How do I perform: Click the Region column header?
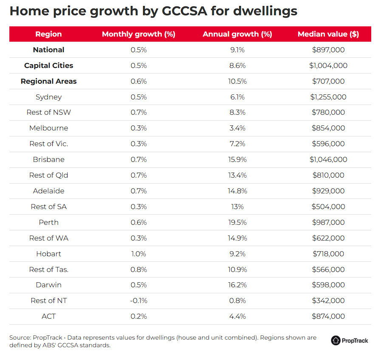(x=48, y=34)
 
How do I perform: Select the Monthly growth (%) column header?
(x=138, y=34)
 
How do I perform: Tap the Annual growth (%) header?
(x=237, y=34)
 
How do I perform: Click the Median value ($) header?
(x=328, y=34)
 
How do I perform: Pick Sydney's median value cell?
(x=328, y=97)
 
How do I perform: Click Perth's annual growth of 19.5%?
(x=237, y=222)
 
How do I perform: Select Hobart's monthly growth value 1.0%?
(x=138, y=254)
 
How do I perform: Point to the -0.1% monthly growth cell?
(x=138, y=300)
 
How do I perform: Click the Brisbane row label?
(x=48, y=159)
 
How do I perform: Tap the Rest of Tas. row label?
(x=48, y=269)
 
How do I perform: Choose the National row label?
(x=48, y=50)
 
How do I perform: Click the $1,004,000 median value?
(x=328, y=65)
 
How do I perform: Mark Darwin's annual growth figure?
(x=237, y=285)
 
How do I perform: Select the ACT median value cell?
(x=328, y=316)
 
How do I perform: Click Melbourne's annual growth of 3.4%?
(x=237, y=128)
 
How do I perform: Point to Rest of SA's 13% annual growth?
(x=237, y=207)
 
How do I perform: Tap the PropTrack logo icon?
(x=336, y=340)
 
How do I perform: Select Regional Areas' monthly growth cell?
(x=138, y=81)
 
